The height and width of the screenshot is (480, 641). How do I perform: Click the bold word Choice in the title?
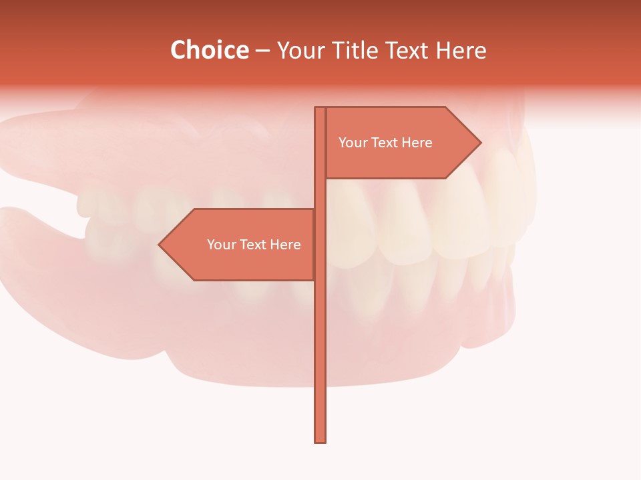[x=209, y=51]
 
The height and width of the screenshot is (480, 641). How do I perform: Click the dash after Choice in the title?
[x=262, y=51]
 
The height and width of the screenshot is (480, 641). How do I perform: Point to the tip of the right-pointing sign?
[x=479, y=142]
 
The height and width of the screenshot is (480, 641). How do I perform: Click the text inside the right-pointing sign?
[x=385, y=143]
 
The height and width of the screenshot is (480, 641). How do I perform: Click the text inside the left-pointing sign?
[x=254, y=245]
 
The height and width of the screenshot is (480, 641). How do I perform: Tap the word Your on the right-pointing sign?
[x=353, y=143]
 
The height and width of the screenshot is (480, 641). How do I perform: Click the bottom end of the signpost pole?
[x=320, y=439]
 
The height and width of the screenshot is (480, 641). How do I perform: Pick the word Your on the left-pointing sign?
[x=221, y=245]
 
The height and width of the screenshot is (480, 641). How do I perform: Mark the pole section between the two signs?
[x=320, y=193]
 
